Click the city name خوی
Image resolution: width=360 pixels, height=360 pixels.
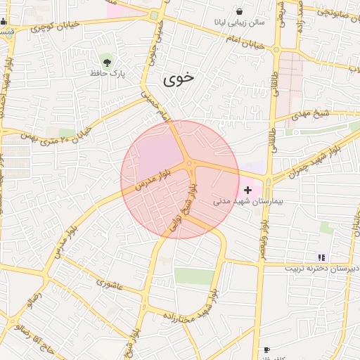pos(179,79)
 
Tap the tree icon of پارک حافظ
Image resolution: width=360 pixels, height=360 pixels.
pos(106,59)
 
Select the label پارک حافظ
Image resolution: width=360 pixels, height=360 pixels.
pos(106,72)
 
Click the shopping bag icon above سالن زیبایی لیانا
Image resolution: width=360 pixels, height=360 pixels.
pos(240,11)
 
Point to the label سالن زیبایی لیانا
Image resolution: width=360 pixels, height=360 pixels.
pos(240,22)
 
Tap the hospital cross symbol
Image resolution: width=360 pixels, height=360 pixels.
pos(247,190)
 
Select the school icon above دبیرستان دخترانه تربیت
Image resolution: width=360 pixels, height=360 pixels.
pos(321,257)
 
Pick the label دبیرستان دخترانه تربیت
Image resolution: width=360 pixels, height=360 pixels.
pos(321,269)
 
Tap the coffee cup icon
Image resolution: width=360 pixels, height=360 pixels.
pos(266,349)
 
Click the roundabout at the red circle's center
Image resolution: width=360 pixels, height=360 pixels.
pos(189,165)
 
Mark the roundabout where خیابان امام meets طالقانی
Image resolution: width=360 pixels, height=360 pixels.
pos(276,50)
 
